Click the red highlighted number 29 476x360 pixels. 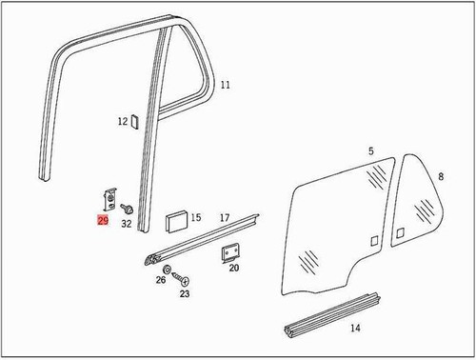click(102, 220)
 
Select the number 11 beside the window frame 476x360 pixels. click(226, 86)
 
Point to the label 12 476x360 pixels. click(122, 121)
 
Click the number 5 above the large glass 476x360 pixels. click(371, 150)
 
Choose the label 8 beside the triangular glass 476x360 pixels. click(440, 176)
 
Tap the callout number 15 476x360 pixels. click(195, 218)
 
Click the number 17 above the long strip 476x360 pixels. click(225, 218)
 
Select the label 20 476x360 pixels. click(234, 270)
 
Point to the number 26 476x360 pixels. click(160, 281)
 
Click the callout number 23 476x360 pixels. click(184, 294)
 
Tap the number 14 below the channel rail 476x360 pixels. click(354, 329)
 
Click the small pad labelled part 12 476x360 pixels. click(135, 121)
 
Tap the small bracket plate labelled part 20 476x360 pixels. click(229, 253)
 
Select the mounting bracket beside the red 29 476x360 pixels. click(108, 198)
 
